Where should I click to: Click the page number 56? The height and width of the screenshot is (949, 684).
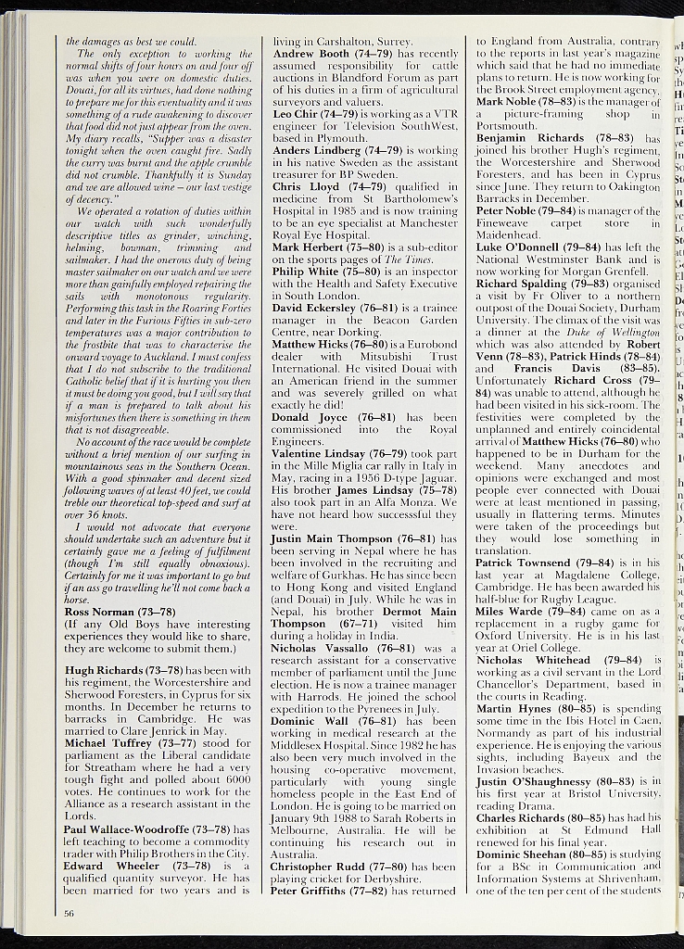70,913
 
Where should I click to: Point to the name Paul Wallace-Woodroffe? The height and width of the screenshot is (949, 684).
140,828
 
